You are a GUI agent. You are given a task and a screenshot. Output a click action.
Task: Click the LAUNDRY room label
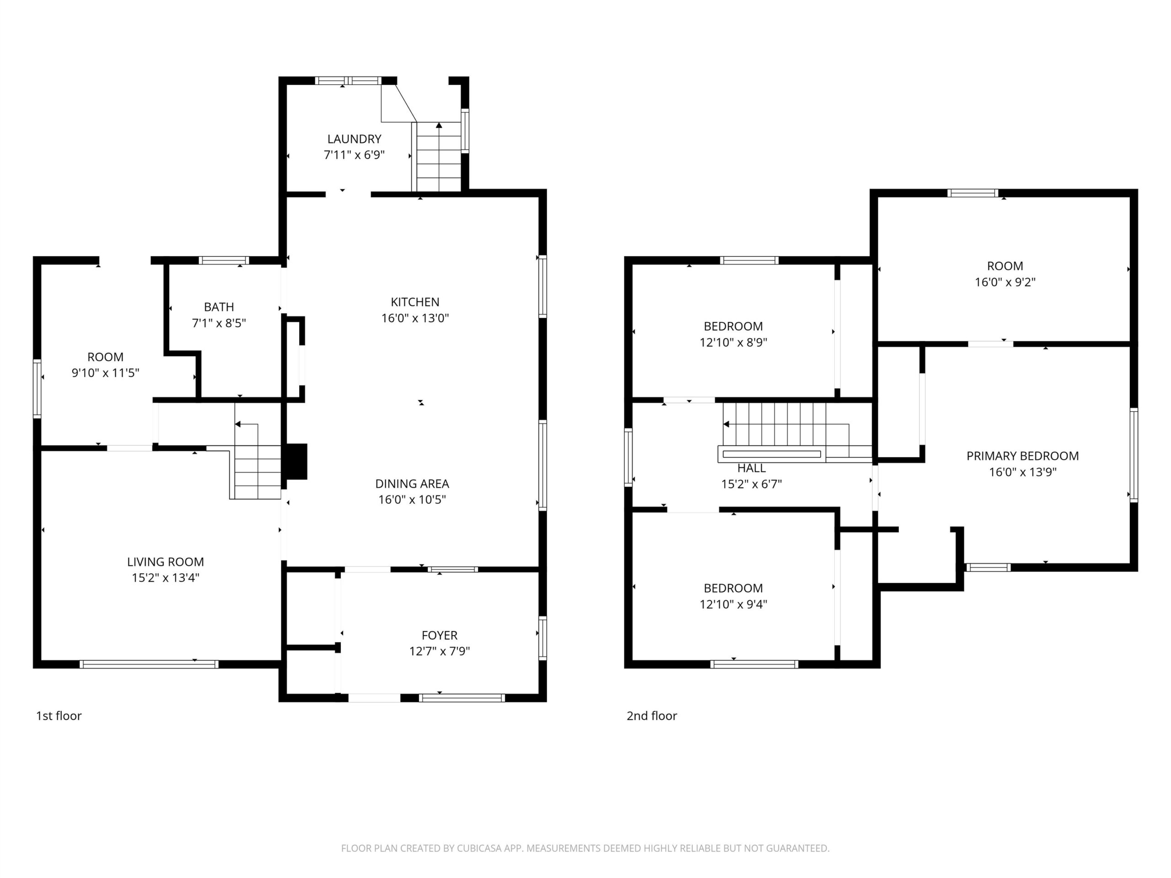[x=354, y=139]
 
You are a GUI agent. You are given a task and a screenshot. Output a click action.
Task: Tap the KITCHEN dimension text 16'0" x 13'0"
[x=415, y=318]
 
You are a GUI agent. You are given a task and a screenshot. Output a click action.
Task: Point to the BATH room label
[x=219, y=307]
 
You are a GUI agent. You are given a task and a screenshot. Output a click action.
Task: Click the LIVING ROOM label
[x=165, y=562]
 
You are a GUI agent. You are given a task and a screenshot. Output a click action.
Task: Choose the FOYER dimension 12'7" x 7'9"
[x=440, y=651]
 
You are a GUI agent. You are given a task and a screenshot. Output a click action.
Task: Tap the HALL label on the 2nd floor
[x=751, y=468]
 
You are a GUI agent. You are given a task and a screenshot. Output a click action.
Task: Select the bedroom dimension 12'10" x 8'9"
[x=733, y=343]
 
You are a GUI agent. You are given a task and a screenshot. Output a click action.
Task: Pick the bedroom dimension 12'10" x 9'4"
[x=733, y=605]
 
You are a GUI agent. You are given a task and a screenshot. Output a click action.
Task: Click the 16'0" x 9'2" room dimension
[x=1005, y=282]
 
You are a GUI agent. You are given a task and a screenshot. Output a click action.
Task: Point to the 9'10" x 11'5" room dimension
[x=105, y=373]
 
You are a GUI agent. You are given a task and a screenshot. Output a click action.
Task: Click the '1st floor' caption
[x=59, y=716]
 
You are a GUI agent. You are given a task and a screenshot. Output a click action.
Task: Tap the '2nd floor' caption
[x=652, y=716]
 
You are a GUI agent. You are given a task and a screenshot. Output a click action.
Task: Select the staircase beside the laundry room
[x=439, y=157]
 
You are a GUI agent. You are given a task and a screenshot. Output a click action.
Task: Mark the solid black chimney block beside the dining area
[x=296, y=461]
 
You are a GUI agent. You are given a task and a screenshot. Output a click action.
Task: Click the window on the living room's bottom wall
[x=149, y=664]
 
